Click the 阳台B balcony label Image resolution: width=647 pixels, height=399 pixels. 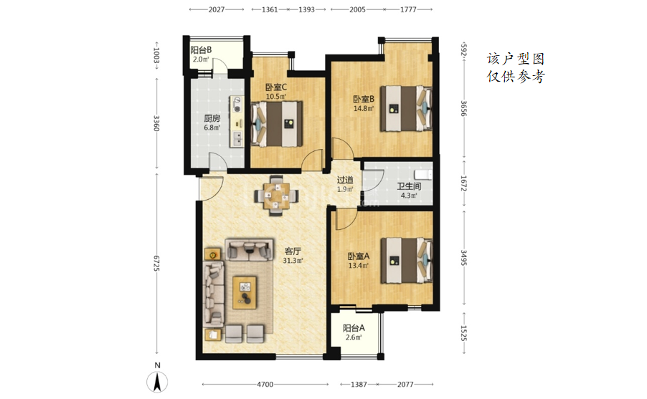(x=201, y=50)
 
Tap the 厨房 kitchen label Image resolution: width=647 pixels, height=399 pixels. (x=212, y=119)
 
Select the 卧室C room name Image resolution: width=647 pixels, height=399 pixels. (x=276, y=87)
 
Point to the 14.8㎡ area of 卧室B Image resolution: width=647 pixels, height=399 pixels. (x=364, y=109)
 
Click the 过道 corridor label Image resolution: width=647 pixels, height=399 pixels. (x=345, y=180)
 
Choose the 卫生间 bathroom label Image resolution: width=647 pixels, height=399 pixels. (x=409, y=187)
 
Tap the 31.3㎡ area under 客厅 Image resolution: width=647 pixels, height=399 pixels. (x=293, y=261)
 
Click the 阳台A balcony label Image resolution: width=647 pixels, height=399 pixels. (x=354, y=329)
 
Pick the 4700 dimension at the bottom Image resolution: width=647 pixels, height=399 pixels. (x=265, y=384)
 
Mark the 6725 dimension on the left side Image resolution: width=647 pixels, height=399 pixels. (x=156, y=263)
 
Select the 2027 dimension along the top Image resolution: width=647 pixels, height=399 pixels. (x=216, y=9)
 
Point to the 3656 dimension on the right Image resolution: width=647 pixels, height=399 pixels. (x=464, y=108)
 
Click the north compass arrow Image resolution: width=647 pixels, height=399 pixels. (x=157, y=381)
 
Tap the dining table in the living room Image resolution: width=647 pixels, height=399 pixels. (x=276, y=196)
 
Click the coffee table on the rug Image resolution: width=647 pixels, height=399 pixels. (x=245, y=293)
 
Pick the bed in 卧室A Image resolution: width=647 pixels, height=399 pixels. (x=406, y=261)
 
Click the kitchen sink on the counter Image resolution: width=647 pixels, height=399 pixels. (x=237, y=138)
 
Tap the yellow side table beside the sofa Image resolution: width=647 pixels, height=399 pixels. (x=213, y=254)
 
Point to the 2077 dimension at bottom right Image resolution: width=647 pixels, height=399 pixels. (x=405, y=384)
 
